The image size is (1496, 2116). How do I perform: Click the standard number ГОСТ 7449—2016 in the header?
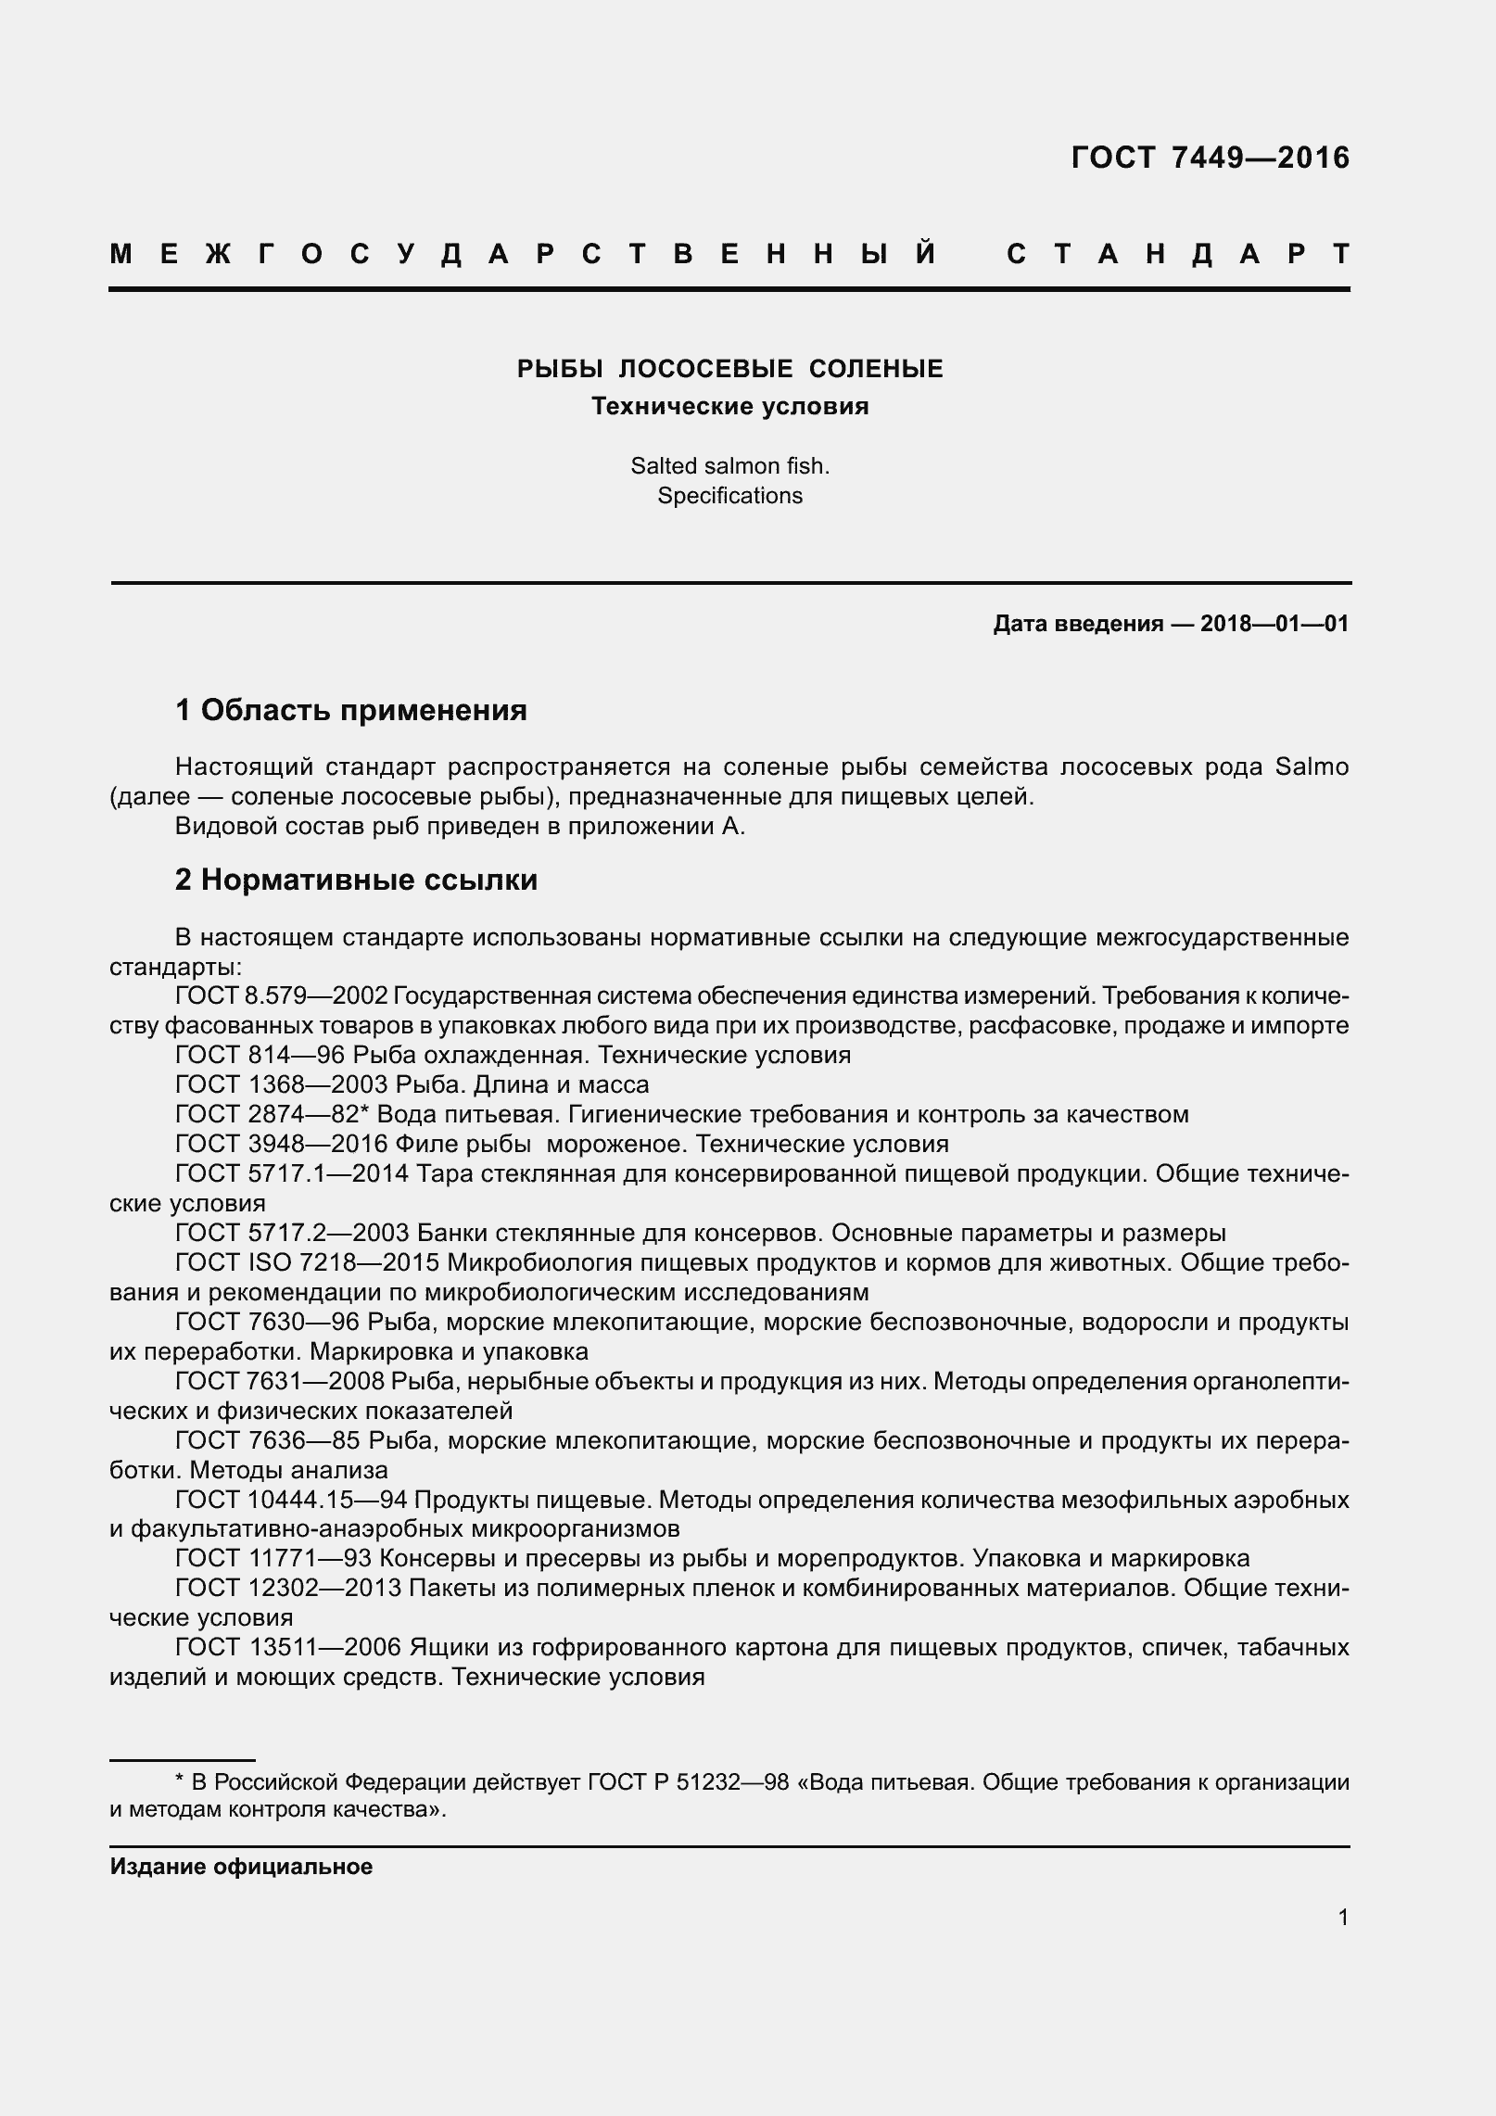pos(1210,158)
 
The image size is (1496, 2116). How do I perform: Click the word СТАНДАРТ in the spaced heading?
pos(1177,254)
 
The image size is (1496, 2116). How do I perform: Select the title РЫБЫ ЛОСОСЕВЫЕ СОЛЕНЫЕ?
pos(729,369)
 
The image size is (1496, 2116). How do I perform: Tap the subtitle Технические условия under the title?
pos(729,407)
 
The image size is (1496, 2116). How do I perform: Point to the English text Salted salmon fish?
pos(729,466)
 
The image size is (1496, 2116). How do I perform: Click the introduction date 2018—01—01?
pos(1274,624)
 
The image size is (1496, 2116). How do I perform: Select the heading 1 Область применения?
pos(350,711)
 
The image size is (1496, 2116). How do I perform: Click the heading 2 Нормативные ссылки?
pos(356,880)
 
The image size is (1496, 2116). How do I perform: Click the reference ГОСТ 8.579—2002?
pos(281,996)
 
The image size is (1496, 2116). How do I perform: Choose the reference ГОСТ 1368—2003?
pos(281,1084)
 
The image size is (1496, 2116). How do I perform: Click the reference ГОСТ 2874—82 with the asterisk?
pos(273,1114)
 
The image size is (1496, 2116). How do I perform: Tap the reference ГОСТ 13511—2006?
pos(287,1647)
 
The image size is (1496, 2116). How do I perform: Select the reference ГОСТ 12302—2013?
pos(287,1588)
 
